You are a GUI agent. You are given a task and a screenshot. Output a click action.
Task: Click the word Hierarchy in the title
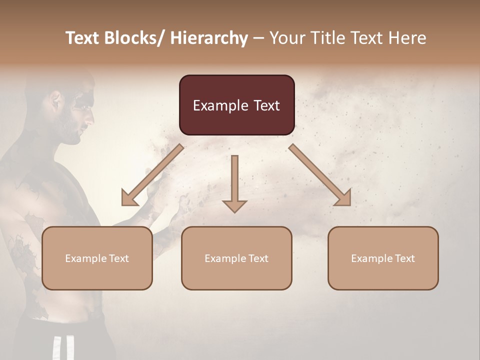coord(208,38)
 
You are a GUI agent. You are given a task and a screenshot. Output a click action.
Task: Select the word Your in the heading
coord(287,38)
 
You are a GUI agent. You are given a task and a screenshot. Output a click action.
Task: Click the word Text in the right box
coord(404,258)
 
